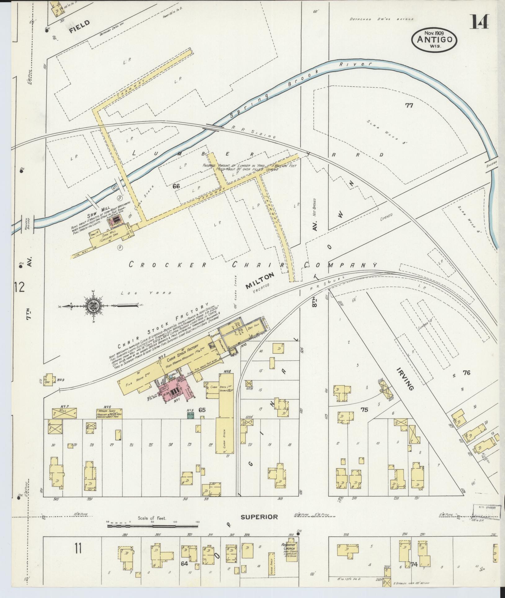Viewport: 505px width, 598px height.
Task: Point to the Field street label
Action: (79, 26)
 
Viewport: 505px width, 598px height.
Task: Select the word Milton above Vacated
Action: (260, 281)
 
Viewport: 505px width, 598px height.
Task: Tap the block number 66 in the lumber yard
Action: (176, 186)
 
